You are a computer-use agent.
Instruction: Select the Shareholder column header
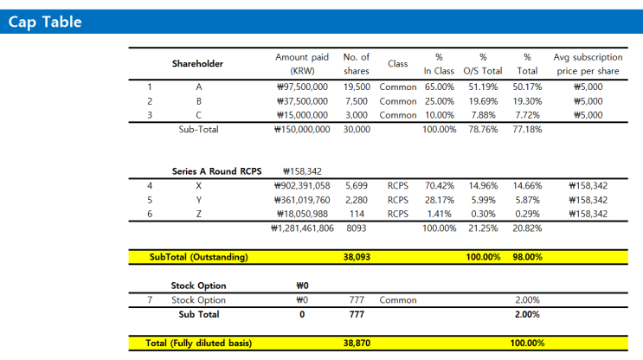197,63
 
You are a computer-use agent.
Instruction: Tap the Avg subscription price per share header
588,63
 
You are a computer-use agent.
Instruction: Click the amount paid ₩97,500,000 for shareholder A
300,87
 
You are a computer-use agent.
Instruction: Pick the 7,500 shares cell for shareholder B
357,100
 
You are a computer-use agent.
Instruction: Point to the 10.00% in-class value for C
439,114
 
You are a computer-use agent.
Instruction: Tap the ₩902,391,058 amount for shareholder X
300,185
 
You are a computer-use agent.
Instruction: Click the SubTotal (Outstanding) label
198,257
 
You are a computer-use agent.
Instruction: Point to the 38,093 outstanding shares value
357,257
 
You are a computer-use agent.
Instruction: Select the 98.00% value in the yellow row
526,257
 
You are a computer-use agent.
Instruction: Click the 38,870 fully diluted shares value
357,343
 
